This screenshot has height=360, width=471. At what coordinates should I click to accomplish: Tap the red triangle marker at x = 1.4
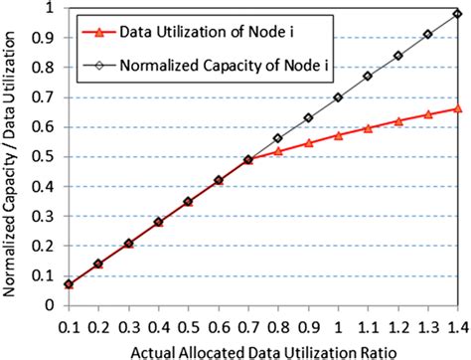pos(457,108)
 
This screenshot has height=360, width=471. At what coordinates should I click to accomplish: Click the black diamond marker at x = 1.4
pos(457,13)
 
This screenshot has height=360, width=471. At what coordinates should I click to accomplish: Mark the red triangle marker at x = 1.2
pos(397,120)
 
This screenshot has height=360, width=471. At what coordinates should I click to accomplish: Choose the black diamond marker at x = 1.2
pos(397,56)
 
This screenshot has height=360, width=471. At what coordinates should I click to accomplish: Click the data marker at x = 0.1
pos(68,284)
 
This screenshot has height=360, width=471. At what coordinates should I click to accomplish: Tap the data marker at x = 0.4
pos(157,222)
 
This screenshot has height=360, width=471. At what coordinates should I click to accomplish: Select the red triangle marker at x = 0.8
pos(278,151)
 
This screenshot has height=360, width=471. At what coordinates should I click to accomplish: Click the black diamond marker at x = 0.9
pos(308,118)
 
